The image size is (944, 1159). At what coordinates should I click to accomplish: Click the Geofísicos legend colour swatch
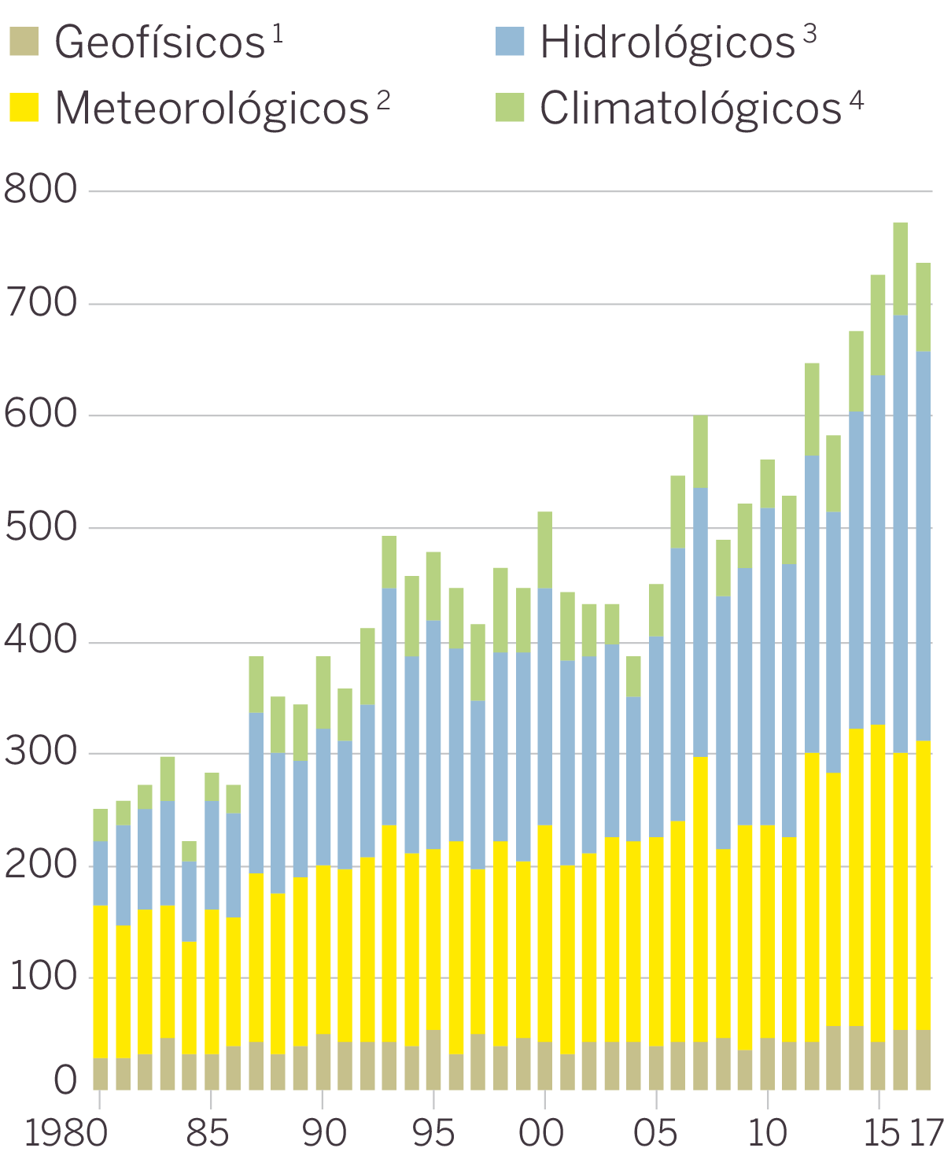[24, 42]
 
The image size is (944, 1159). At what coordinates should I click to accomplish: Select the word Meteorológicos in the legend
[212, 108]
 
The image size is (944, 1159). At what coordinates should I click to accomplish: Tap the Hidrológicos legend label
[667, 42]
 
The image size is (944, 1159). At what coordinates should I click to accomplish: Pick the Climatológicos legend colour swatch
[510, 108]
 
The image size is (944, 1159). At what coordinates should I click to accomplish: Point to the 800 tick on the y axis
[41, 190]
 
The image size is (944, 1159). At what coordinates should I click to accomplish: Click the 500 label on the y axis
[41, 527]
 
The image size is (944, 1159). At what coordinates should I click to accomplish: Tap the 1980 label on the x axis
[65, 1133]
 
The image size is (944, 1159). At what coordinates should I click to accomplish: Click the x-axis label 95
[433, 1133]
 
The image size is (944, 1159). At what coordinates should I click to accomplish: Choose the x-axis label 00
[542, 1133]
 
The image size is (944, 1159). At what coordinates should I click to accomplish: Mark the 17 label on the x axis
[925, 1133]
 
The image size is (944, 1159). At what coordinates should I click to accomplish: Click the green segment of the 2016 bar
[901, 269]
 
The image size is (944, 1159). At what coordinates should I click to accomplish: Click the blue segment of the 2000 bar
[544, 707]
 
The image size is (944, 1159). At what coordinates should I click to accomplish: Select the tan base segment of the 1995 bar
[433, 1059]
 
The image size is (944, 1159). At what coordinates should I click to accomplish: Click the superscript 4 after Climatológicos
[857, 100]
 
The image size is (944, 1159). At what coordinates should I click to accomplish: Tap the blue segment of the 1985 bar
[211, 854]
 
